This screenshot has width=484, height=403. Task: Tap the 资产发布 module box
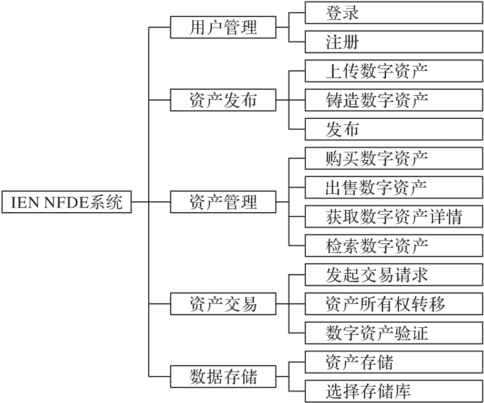point(223,99)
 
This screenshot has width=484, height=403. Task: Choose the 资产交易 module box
point(223,303)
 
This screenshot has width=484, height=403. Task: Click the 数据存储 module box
point(223,376)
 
